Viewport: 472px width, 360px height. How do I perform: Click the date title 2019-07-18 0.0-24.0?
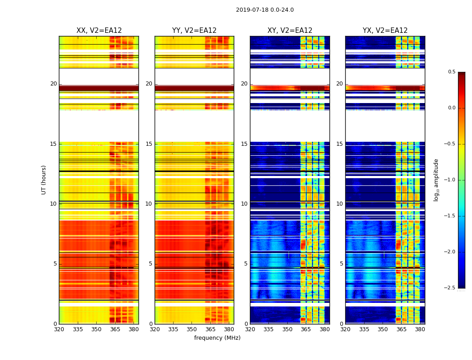[x=265, y=10]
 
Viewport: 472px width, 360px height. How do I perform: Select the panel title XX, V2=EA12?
[x=99, y=31]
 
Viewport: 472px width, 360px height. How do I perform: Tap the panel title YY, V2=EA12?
[x=194, y=31]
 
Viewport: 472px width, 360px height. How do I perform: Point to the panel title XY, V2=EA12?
[x=289, y=31]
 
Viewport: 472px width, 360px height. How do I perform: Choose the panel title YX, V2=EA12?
[x=385, y=31]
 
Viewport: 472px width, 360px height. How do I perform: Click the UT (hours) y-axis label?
[x=44, y=180]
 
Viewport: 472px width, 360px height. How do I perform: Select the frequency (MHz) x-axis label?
[x=217, y=338]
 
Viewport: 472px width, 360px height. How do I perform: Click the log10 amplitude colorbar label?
[x=436, y=180]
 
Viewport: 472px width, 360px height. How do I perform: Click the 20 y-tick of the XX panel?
[x=53, y=84]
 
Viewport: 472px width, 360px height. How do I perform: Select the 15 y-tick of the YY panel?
[x=149, y=144]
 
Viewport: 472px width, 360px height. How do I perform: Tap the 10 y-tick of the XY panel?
[x=244, y=204]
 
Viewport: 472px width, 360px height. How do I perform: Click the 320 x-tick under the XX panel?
[x=59, y=329]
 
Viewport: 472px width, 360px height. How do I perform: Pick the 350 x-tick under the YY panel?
[x=192, y=329]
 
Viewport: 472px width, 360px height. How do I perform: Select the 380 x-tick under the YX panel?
[x=420, y=329]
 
